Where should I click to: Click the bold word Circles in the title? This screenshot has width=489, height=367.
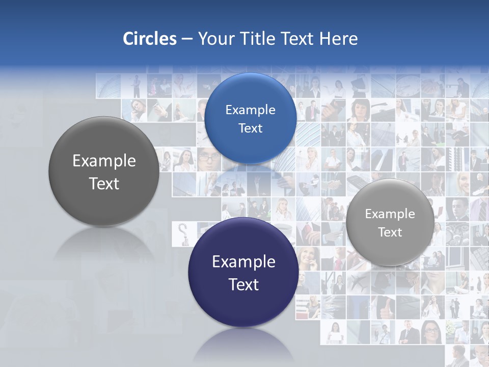150,39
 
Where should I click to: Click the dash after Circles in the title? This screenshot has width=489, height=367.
187,39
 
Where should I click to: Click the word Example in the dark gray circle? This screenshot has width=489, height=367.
104,161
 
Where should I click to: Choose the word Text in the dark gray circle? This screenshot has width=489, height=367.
104,183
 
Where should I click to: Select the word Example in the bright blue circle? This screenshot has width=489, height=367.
250,110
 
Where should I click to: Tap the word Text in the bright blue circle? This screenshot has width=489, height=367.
250,128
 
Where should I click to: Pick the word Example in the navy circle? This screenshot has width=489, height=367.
243,262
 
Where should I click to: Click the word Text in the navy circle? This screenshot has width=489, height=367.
243,284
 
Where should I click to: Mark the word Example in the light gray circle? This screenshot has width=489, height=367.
390,214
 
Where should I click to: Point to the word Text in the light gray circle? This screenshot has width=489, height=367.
390,232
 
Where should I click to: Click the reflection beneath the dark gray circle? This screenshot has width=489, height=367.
104,245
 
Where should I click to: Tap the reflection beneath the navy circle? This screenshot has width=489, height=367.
243,347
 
